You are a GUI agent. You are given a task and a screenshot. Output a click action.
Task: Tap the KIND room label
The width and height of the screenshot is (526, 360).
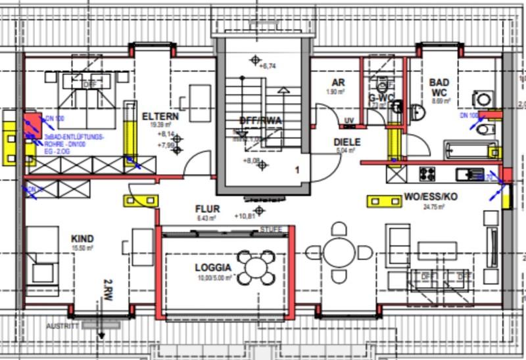point(82,238)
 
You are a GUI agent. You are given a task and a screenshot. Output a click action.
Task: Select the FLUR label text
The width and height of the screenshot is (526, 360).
point(208,210)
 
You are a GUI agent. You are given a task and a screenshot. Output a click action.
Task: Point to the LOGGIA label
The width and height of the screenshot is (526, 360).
point(212,268)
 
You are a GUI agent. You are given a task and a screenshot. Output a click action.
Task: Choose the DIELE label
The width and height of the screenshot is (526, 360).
point(347,141)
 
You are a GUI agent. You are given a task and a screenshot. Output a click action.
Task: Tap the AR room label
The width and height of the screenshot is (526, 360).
point(338,83)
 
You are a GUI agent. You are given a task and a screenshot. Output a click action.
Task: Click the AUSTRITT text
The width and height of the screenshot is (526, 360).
point(62,326)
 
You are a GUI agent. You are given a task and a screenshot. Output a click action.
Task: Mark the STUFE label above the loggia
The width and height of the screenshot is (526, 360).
point(271,229)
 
